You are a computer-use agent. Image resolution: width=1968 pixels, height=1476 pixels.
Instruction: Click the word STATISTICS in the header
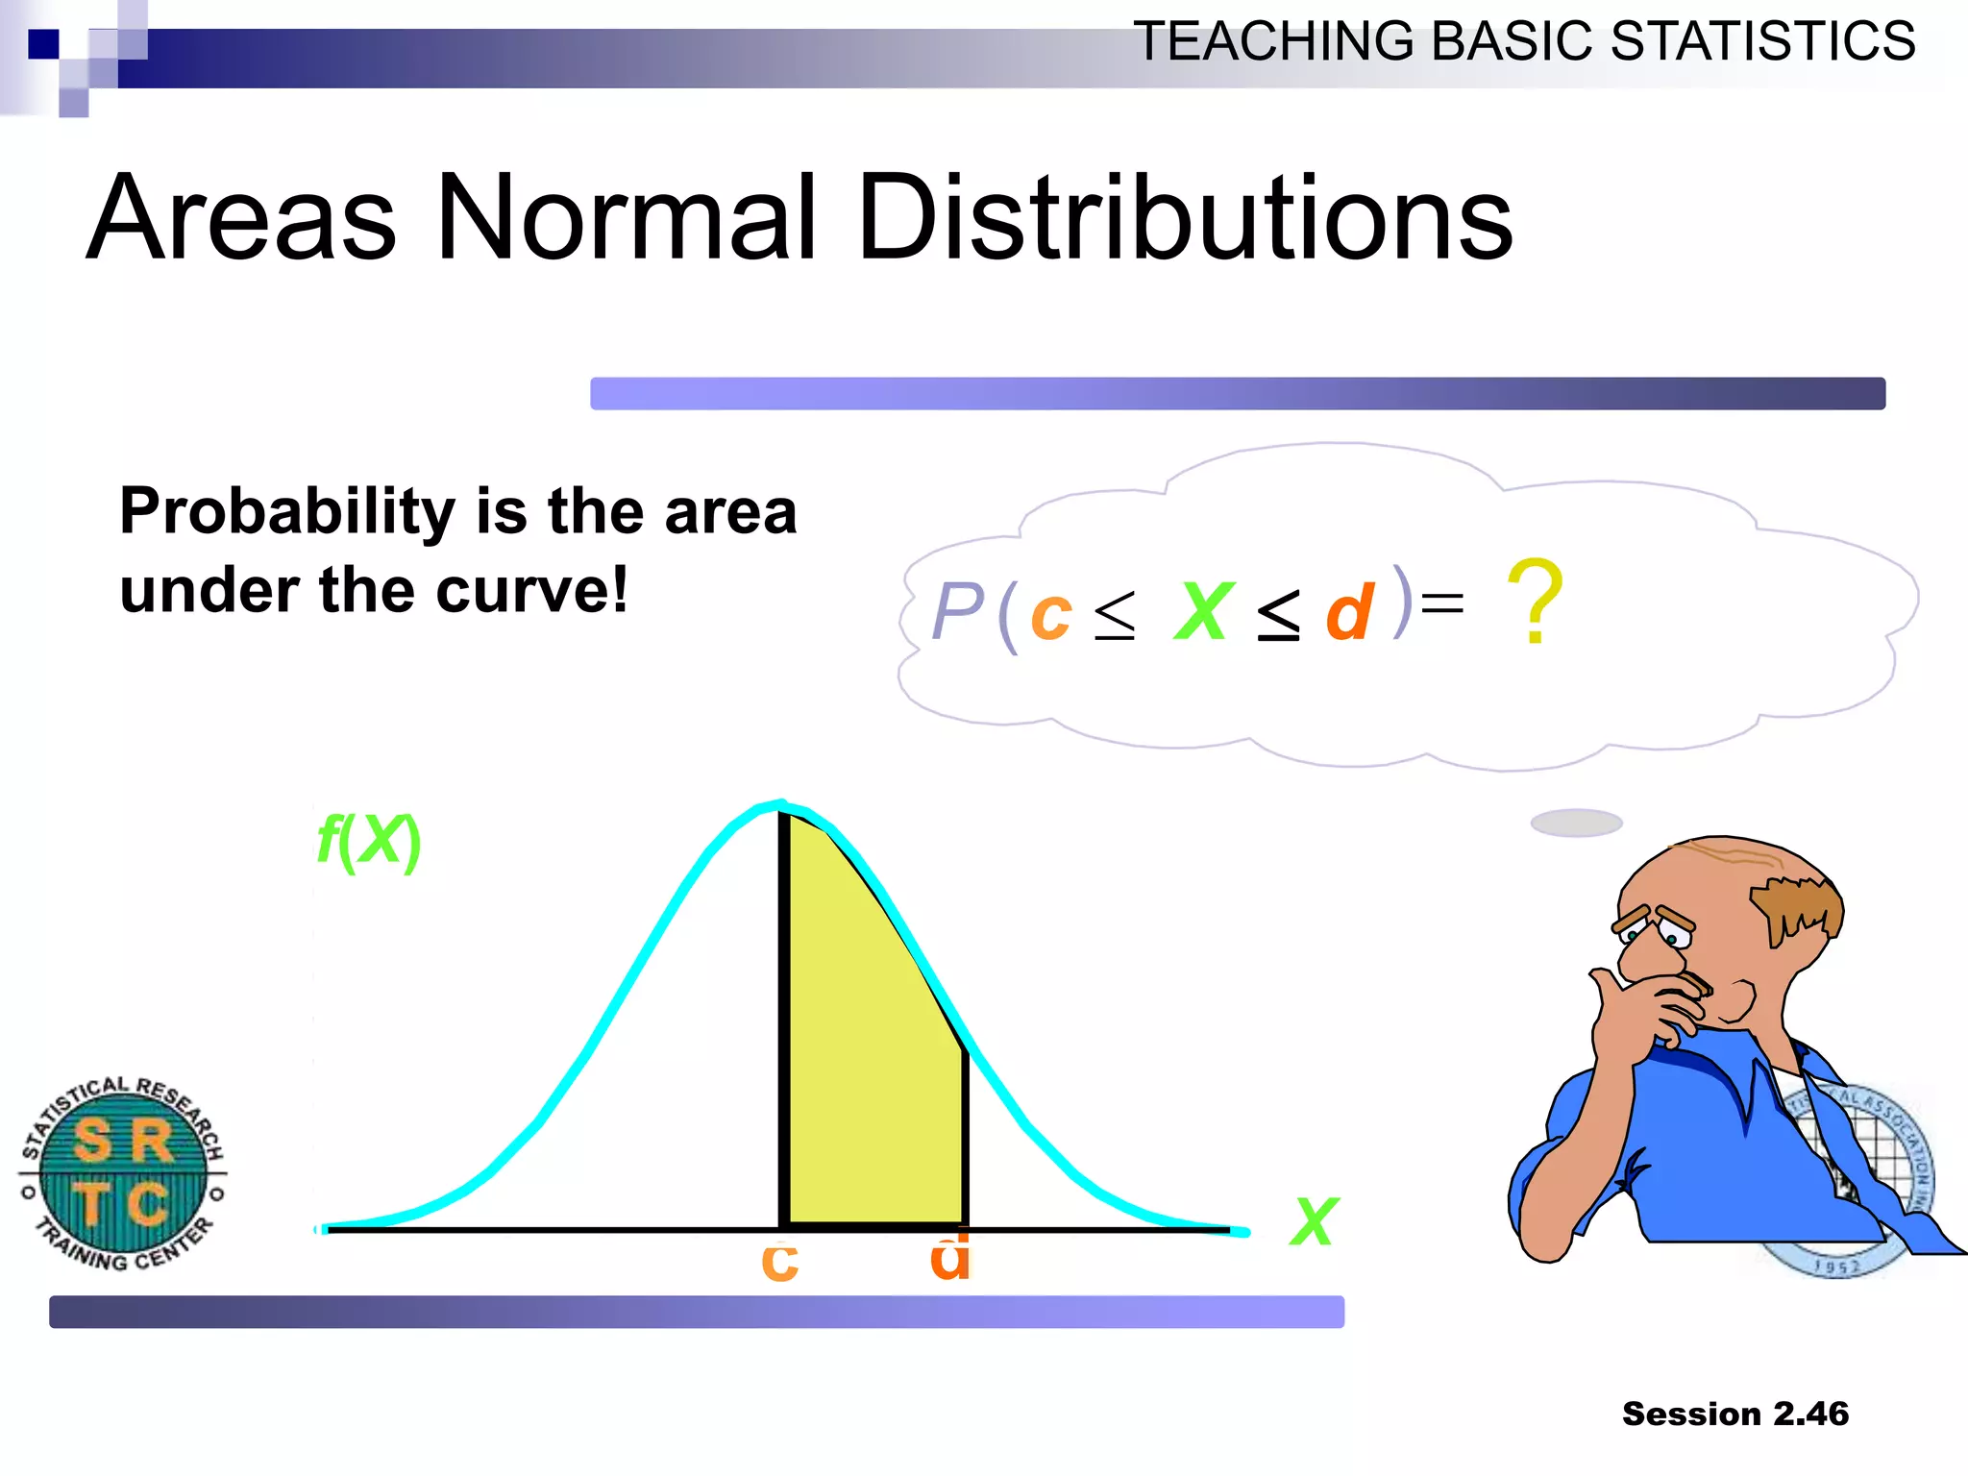(1762, 42)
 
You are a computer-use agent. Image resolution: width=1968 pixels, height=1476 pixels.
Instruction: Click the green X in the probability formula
(1202, 611)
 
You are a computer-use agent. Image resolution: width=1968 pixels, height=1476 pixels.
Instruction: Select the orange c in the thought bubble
(1050, 615)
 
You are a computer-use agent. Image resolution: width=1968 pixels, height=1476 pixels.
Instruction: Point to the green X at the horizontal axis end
(1314, 1221)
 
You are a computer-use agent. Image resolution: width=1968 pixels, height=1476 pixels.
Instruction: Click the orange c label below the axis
(779, 1262)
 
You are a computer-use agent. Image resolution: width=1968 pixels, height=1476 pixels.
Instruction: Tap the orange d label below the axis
(950, 1259)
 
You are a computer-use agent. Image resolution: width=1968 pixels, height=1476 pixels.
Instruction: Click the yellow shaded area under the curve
(870, 1057)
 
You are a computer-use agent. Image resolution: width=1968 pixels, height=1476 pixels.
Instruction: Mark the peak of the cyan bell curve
(781, 805)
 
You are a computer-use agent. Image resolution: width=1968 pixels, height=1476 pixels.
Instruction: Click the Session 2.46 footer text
(1734, 1414)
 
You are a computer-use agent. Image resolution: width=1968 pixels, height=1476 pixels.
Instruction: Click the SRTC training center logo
(123, 1172)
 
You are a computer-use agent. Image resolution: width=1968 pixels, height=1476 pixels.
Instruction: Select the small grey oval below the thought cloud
(1576, 823)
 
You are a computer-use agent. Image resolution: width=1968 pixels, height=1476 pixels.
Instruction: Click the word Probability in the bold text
(286, 511)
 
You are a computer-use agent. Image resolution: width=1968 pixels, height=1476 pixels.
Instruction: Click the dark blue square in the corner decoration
(42, 43)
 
